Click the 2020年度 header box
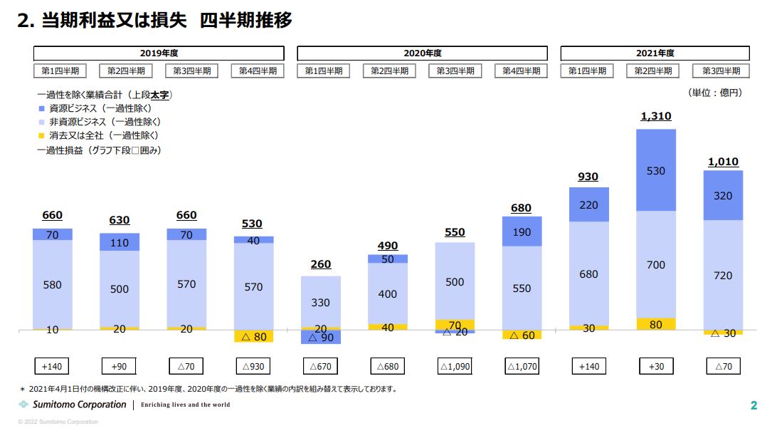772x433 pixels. (422, 53)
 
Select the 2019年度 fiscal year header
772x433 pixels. (159, 53)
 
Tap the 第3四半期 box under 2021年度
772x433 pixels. (721, 71)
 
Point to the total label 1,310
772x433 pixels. (655, 116)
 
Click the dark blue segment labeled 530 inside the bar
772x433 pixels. (655, 170)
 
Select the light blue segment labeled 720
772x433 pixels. (722, 275)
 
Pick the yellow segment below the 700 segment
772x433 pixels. (655, 324)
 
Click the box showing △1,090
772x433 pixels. (455, 366)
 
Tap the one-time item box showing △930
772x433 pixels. (253, 366)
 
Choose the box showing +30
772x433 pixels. (655, 366)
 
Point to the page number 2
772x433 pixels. (754, 406)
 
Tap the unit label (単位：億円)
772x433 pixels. (714, 93)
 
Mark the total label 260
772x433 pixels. (321, 264)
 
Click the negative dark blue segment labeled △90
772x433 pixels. (321, 338)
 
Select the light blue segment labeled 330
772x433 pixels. (321, 302)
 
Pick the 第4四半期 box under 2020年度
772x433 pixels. (522, 71)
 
